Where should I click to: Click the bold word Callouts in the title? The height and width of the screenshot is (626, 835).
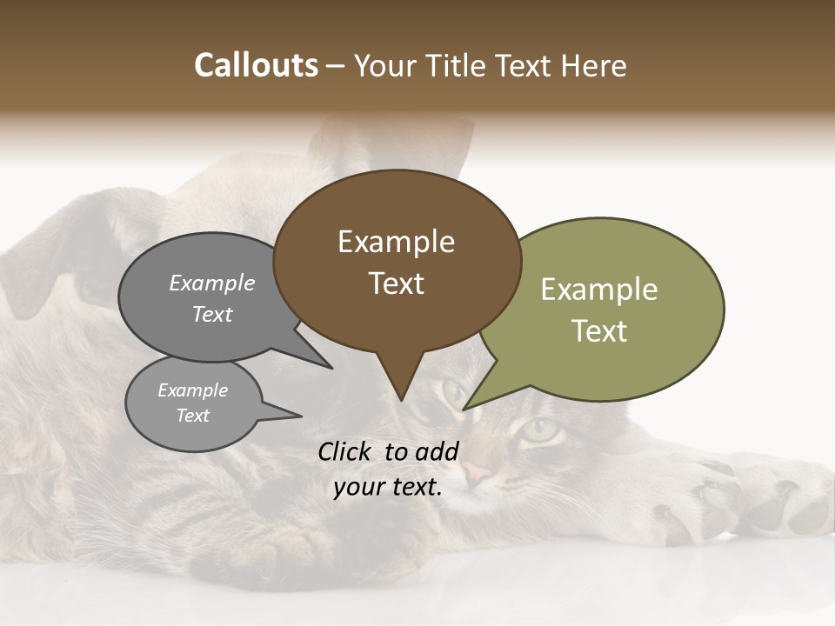(257, 65)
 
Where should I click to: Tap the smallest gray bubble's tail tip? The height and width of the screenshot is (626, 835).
(301, 416)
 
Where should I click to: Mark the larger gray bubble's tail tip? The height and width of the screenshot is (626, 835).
(331, 368)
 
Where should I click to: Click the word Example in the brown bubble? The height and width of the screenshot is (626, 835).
(396, 242)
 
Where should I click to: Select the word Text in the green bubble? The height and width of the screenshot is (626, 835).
(599, 331)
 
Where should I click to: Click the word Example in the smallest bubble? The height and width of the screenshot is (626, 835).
(193, 390)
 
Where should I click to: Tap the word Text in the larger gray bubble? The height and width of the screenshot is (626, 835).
(212, 314)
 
